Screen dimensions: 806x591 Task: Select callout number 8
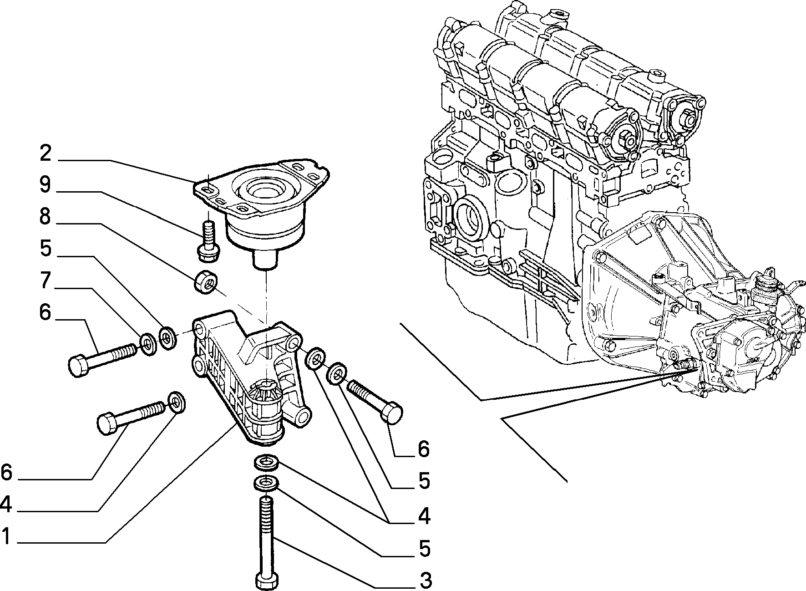tap(45, 217)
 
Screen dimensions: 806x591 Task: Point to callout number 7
tap(45, 281)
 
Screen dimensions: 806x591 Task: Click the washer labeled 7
tap(148, 344)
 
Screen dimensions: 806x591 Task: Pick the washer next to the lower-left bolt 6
tap(177, 402)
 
